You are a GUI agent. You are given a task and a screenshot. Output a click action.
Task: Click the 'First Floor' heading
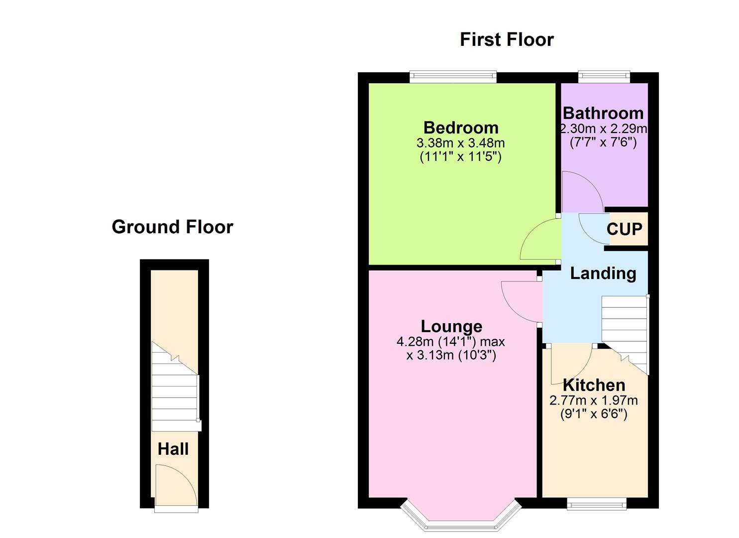click(x=506, y=40)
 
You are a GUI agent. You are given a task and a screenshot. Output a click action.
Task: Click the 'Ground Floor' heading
click(x=172, y=227)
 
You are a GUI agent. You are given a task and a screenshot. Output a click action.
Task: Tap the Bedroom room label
click(x=461, y=128)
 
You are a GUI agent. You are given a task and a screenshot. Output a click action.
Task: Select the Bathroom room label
click(x=603, y=113)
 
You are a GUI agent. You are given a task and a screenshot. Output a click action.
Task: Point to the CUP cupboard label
click(x=625, y=229)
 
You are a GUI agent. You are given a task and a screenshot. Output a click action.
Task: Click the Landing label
click(x=603, y=273)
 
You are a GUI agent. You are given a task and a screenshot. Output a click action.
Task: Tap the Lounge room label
click(x=451, y=326)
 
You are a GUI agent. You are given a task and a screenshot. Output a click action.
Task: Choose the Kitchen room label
click(x=594, y=385)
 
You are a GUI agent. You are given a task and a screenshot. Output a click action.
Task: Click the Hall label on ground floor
click(x=173, y=449)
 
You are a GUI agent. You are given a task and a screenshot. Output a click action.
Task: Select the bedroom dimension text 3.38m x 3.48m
click(x=461, y=143)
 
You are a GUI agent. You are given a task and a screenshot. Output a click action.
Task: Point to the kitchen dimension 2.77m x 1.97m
click(x=594, y=401)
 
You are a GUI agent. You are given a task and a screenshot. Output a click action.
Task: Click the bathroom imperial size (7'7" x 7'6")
click(x=603, y=142)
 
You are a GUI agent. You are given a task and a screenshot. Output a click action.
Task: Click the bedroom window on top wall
click(x=453, y=77)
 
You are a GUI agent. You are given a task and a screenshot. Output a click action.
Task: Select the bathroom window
click(x=604, y=77)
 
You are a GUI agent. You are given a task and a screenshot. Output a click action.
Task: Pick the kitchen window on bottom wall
click(x=596, y=505)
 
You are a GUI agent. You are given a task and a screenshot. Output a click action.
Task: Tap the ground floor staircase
click(x=174, y=394)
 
